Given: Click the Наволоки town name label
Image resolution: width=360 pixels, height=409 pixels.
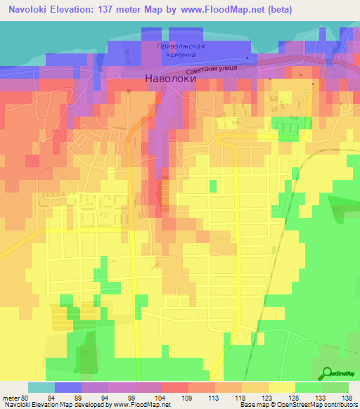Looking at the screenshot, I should (170, 79).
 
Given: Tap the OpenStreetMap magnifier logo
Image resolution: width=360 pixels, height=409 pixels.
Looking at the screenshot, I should (328, 373).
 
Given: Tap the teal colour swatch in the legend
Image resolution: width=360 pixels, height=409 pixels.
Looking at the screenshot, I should (41, 387).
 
